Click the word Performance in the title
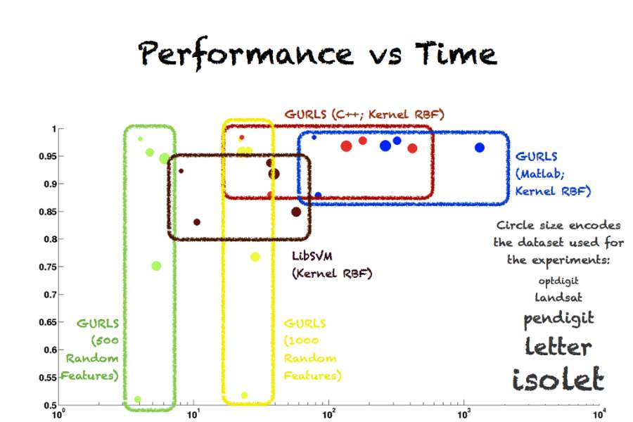coord(245,53)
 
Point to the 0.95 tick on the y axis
coord(45,156)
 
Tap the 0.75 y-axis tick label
coord(45,267)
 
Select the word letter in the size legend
coord(558,345)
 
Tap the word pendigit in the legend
coord(558,318)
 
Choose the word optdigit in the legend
coord(558,281)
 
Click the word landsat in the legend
coord(558,297)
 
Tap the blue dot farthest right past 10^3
coord(480,148)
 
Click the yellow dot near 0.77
coord(255,257)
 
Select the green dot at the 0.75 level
coord(156,266)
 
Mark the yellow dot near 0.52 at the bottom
coord(244,395)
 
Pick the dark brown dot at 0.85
coord(296,212)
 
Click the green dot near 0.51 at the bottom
coord(138,399)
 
